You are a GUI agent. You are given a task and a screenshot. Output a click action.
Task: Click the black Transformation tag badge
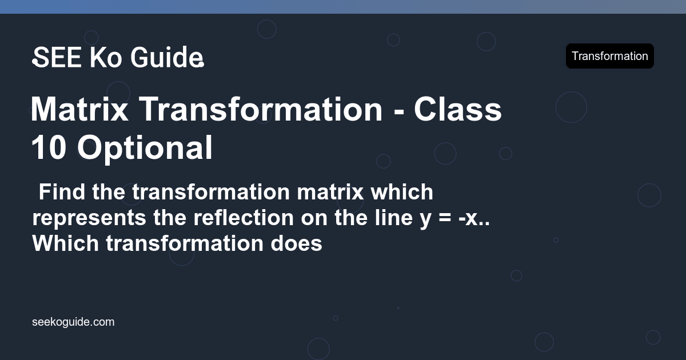(x=609, y=56)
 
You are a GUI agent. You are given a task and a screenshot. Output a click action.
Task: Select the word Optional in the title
(x=145, y=147)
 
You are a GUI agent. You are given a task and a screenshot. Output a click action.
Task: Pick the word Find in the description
(x=62, y=193)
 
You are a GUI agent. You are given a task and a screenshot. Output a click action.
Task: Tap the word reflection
(x=248, y=218)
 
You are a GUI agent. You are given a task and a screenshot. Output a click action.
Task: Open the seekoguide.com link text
(x=73, y=322)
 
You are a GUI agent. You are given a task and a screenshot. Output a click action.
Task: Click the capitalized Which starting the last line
(x=66, y=244)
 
